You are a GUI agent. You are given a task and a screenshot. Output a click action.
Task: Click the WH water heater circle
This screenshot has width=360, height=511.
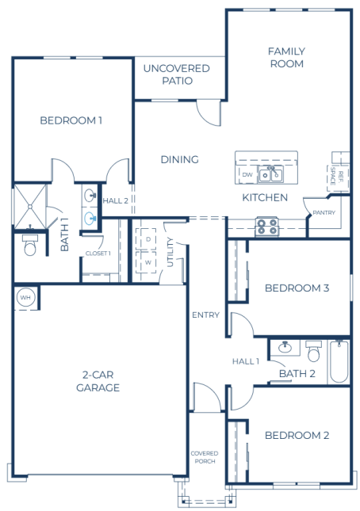click(25, 297)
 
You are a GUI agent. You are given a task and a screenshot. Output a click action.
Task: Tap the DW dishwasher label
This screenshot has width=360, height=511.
click(247, 174)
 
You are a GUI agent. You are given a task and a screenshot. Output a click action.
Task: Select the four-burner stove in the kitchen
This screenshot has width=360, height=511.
click(266, 227)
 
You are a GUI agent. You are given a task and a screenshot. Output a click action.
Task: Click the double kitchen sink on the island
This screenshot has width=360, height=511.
click(270, 174)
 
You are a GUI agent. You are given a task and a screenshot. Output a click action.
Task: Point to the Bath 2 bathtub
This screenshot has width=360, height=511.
click(339, 361)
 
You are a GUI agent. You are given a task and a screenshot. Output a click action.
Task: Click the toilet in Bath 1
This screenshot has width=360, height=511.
click(30, 245)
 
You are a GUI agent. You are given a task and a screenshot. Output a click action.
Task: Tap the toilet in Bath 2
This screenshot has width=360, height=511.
click(314, 351)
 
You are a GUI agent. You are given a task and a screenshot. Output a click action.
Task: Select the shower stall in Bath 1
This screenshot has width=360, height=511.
click(30, 207)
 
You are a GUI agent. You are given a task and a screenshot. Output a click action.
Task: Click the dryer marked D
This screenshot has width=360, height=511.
click(148, 239)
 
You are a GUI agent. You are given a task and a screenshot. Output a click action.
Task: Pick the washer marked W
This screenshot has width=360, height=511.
click(148, 261)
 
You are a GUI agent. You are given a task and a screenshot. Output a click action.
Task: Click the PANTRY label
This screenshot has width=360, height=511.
click(324, 212)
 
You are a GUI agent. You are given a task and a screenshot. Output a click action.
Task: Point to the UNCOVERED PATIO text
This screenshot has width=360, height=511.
click(177, 74)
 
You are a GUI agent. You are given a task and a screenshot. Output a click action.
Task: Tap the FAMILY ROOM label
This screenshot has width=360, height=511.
click(286, 57)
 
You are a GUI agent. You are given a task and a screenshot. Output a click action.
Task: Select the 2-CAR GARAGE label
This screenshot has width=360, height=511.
click(98, 381)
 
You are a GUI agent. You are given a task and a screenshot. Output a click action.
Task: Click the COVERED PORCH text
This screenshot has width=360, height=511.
click(205, 457)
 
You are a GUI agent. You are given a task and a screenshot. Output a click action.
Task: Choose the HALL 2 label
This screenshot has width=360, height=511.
click(116, 200)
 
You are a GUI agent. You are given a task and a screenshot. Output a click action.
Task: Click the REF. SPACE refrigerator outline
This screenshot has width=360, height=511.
click(338, 178)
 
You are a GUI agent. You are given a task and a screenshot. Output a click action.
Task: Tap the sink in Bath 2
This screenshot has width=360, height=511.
click(285, 348)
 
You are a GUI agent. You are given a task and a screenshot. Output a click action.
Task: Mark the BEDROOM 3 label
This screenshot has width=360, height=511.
click(297, 288)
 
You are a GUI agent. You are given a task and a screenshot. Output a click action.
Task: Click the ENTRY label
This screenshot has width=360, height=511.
click(205, 315)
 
